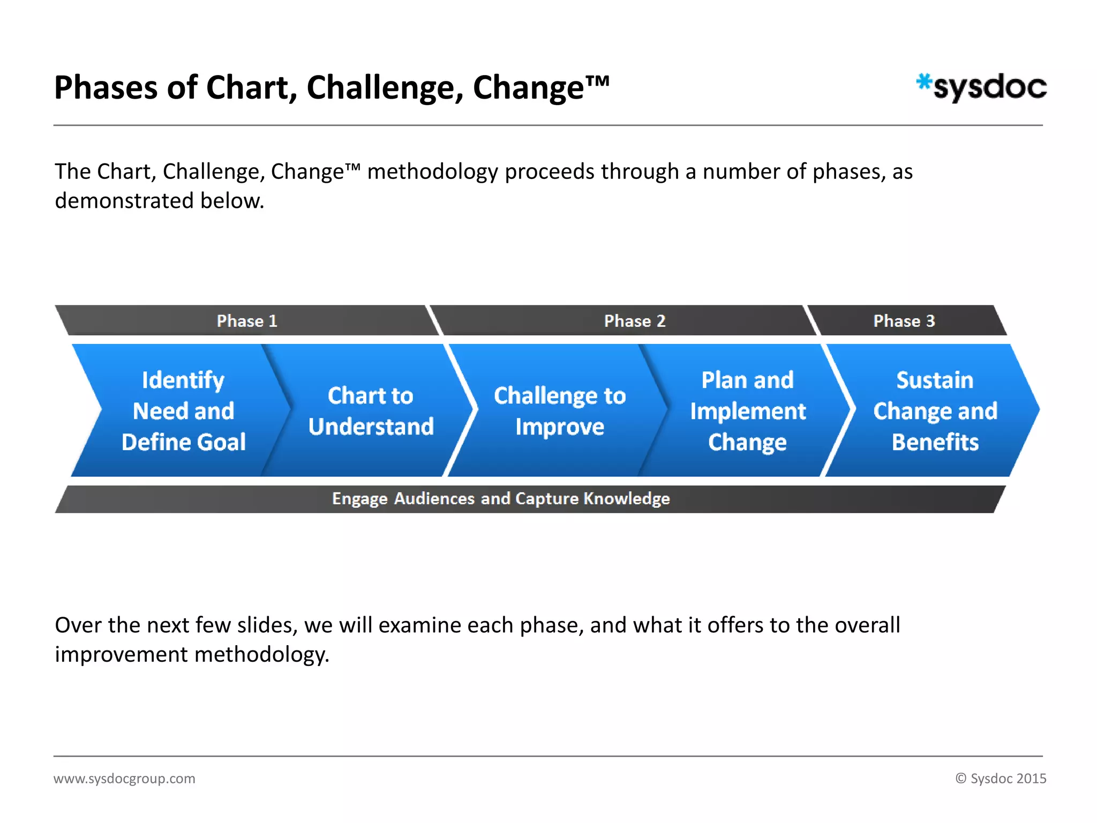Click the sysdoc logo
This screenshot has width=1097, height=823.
[983, 87]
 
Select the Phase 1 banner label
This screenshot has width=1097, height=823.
[247, 321]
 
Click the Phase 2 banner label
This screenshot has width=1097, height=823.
[635, 321]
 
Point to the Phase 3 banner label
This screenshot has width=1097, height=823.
[904, 321]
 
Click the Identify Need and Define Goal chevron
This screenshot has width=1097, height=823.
[183, 411]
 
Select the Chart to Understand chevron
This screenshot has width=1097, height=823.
[371, 411]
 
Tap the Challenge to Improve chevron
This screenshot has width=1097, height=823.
[560, 411]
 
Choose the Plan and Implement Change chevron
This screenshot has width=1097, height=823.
[748, 411]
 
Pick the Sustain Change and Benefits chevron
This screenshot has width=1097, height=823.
[935, 411]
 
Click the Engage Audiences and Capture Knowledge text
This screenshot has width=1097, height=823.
[501, 499]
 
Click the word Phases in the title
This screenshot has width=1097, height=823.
[106, 88]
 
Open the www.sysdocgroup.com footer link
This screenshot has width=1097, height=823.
[124, 779]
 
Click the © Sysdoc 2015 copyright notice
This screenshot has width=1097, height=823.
[1001, 779]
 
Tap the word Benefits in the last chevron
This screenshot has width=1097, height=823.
[935, 442]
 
